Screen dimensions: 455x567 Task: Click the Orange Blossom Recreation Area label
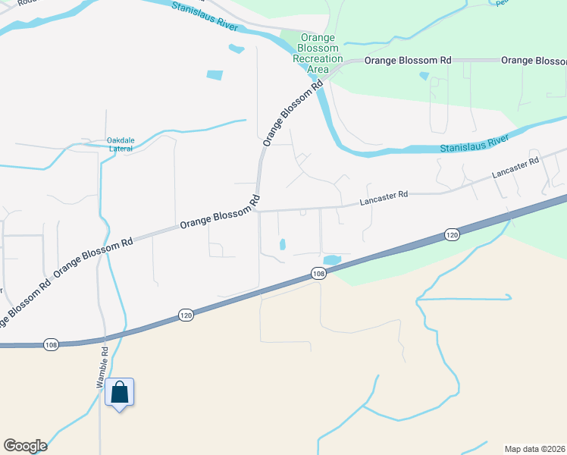pos(318,53)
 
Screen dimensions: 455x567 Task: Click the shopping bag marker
pos(120,393)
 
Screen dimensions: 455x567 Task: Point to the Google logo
pos(25,446)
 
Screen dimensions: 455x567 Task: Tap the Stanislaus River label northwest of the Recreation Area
pos(206,17)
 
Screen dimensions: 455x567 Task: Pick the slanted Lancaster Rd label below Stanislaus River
pos(515,168)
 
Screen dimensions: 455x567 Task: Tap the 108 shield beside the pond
pos(318,273)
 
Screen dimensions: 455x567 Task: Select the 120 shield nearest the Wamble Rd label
pos(186,313)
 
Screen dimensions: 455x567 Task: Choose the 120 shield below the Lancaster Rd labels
pos(452,235)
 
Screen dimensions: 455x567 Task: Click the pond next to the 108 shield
pos(333,259)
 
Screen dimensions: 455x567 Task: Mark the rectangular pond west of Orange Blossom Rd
pos(215,75)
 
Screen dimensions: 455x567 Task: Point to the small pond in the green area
pos(424,77)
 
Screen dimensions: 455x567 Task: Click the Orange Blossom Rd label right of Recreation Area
pos(408,60)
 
